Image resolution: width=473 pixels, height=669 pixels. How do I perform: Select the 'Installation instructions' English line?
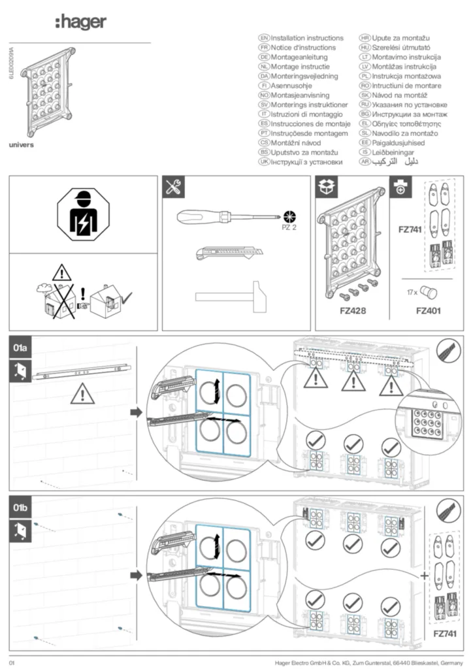click(x=307, y=39)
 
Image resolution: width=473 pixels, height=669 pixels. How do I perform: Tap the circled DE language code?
click(x=265, y=57)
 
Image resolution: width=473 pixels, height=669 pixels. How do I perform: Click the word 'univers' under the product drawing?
click(x=21, y=145)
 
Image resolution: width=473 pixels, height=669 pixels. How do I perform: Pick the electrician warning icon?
click(x=83, y=214)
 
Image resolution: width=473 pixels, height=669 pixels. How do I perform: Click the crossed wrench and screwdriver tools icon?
click(x=174, y=188)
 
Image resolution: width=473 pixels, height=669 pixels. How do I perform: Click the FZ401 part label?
click(x=428, y=311)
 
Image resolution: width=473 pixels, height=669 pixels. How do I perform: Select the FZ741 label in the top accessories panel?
click(x=411, y=230)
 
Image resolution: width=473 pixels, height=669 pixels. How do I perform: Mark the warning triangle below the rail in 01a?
click(x=82, y=393)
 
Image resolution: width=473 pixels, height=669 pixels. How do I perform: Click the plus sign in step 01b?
click(x=425, y=576)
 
